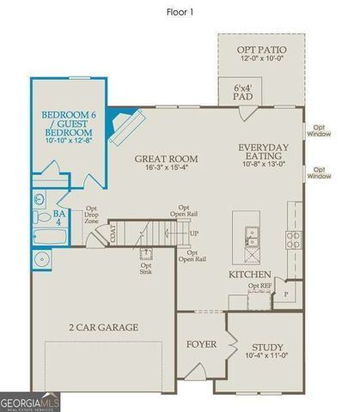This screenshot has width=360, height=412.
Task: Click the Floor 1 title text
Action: pos(179,13)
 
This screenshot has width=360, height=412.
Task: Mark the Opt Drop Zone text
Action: pos(92,215)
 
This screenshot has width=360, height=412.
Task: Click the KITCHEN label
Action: pos(250,274)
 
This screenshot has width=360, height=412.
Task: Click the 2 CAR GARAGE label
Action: pos(104,327)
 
